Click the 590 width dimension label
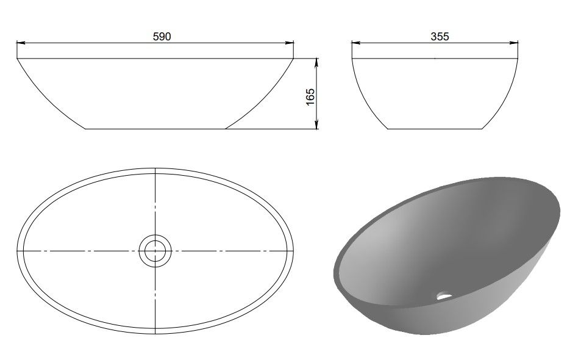162,37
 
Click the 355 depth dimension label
440,37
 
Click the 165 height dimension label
310,96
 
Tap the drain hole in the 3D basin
444,295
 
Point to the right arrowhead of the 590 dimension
290,43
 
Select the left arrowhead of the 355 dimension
356,43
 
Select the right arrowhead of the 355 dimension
513,43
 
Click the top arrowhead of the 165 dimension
316,63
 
